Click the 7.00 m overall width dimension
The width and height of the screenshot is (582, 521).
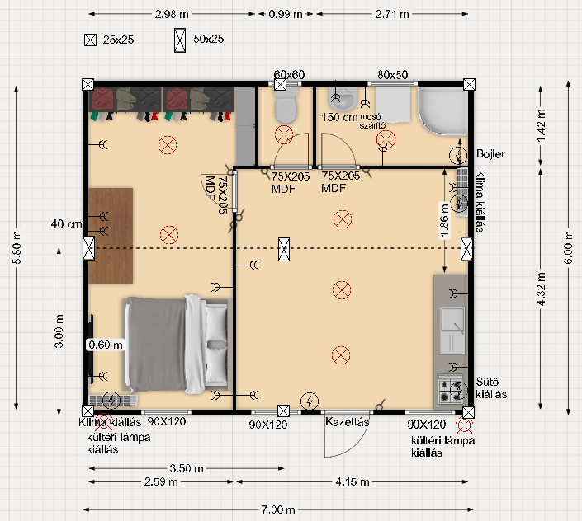tap(278, 509)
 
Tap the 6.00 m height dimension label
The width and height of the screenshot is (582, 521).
tap(568, 247)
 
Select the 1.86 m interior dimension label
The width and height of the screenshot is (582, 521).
tap(444, 221)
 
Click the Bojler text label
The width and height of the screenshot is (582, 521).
tap(490, 154)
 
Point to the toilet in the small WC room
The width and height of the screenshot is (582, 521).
tap(286, 106)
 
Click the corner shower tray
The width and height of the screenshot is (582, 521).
tap(442, 110)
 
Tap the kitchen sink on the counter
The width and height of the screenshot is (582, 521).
tap(452, 331)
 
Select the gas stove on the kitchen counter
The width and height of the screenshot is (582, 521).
tap(451, 388)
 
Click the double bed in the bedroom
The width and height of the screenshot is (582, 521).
tap(177, 345)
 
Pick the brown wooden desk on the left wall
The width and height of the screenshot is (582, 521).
tap(111, 236)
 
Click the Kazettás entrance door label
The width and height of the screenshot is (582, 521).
tap(347, 422)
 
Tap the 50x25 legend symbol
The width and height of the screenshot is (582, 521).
tap(180, 40)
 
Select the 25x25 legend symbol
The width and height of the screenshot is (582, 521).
tap(90, 40)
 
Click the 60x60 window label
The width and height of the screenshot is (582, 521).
tap(289, 75)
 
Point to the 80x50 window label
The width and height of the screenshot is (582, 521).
tap(393, 75)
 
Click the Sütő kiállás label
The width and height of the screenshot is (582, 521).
tap(491, 387)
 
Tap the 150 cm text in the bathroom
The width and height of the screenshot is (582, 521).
tap(339, 117)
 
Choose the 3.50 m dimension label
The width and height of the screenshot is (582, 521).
tap(187, 468)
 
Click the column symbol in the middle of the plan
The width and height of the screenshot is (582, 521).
tap(284, 249)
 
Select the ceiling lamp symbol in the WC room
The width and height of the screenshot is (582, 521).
tap(284, 134)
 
